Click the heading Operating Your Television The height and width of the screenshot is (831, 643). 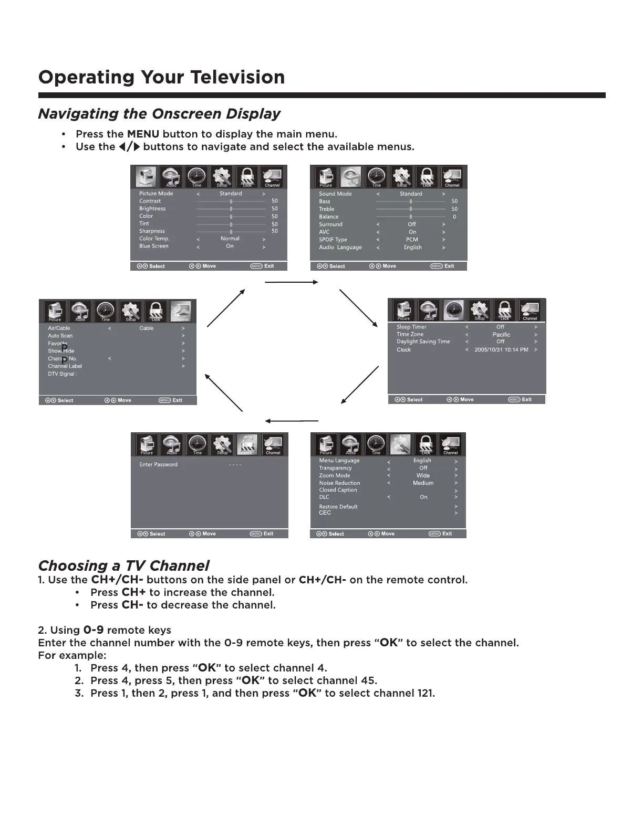click(x=162, y=78)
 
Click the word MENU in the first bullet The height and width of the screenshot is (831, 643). click(x=143, y=134)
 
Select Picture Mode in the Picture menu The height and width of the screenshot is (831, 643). click(x=156, y=194)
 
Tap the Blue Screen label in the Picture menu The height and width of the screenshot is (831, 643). click(x=154, y=246)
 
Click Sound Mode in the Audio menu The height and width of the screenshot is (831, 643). click(x=335, y=194)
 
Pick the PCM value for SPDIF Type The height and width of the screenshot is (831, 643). click(x=412, y=240)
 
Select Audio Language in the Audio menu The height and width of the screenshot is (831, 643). click(x=340, y=248)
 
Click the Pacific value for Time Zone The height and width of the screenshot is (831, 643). click(x=501, y=335)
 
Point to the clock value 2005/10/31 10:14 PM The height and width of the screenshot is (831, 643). click(x=501, y=350)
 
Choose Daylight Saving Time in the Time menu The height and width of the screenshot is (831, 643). click(x=423, y=342)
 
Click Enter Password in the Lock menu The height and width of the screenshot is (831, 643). click(x=158, y=465)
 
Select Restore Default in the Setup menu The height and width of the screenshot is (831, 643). click(x=338, y=507)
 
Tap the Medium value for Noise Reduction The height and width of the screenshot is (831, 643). click(x=423, y=483)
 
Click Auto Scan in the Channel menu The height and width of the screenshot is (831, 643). click(x=60, y=336)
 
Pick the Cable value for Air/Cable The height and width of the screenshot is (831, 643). click(x=147, y=328)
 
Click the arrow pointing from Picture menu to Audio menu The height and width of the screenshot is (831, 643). click(x=292, y=283)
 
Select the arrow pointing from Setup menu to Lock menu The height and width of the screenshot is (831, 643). click(x=292, y=421)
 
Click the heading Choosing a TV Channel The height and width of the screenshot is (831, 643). click(x=123, y=566)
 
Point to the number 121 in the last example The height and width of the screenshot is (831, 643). click(x=426, y=694)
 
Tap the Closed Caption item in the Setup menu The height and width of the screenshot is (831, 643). click(x=338, y=490)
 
